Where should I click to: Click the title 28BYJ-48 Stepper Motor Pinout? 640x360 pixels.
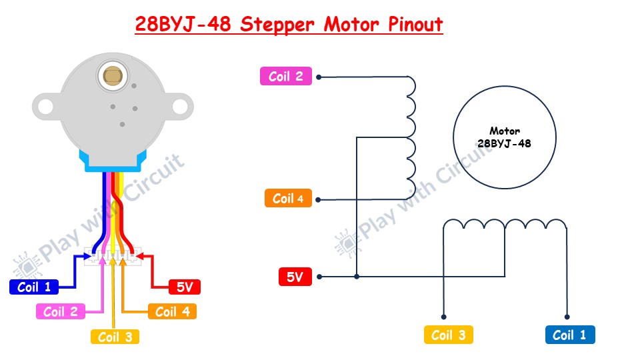pyautogui.click(x=289, y=25)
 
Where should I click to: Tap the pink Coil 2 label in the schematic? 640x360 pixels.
pyautogui.click(x=285, y=77)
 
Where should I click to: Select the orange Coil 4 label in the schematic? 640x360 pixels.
pyautogui.click(x=288, y=199)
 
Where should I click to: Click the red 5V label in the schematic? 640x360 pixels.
pyautogui.click(x=295, y=277)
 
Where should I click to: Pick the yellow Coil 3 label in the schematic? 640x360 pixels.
pyautogui.click(x=448, y=335)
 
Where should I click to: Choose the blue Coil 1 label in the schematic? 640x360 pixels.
pyautogui.click(x=569, y=335)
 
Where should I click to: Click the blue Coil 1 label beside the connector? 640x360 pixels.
pyautogui.click(x=33, y=287)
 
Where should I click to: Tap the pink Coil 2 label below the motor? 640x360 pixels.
pyautogui.click(x=60, y=311)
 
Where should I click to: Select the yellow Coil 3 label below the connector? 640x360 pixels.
pyautogui.click(x=115, y=337)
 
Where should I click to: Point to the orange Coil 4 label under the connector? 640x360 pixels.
pyautogui.click(x=172, y=311)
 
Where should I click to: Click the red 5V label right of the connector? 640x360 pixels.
pyautogui.click(x=184, y=287)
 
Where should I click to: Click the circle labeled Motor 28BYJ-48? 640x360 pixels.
pyautogui.click(x=504, y=137)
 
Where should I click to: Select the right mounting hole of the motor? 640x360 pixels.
pyautogui.click(x=180, y=106)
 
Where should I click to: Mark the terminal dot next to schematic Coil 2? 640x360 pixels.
pyautogui.click(x=319, y=77)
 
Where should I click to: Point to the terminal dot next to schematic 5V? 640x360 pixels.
pyautogui.click(x=319, y=277)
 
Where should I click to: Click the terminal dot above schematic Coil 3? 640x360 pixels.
pyautogui.click(x=443, y=317)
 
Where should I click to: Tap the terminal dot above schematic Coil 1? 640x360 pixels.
pyautogui.click(x=567, y=317)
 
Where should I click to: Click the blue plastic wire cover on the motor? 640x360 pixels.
pyautogui.click(x=112, y=160)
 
